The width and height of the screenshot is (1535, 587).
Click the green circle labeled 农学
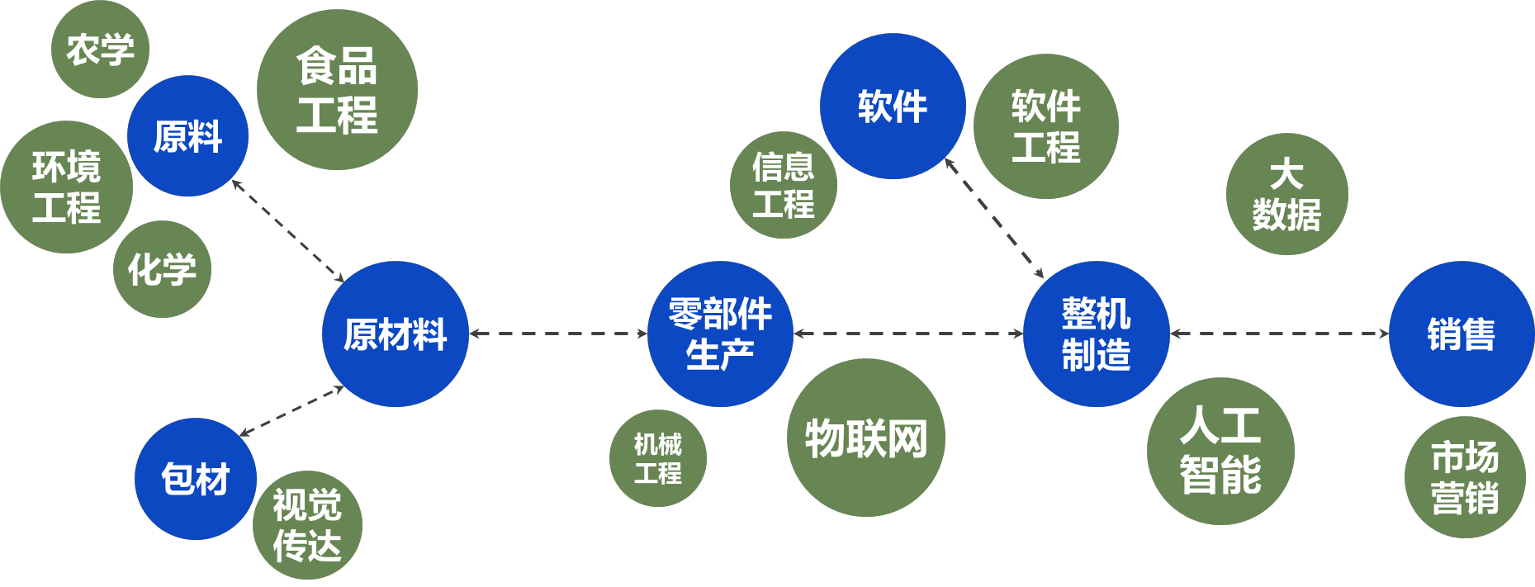point(100,50)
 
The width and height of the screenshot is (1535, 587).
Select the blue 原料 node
point(188,136)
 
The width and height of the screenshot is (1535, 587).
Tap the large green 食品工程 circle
point(337,90)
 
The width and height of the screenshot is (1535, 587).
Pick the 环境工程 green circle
point(67,187)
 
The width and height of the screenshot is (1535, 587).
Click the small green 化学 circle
point(163,269)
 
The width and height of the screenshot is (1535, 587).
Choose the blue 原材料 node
point(396,334)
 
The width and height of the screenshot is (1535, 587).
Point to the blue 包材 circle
point(196,479)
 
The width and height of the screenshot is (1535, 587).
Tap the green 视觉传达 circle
point(307,525)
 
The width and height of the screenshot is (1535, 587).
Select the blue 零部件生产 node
point(720,334)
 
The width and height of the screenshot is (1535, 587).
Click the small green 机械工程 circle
point(658,458)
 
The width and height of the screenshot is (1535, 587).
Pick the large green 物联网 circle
point(866,438)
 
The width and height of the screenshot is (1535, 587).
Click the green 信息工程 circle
point(784,185)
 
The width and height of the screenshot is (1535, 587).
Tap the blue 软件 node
point(893,107)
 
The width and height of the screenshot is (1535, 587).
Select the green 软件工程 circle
point(1046,126)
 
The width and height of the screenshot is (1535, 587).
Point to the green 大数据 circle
point(1287,194)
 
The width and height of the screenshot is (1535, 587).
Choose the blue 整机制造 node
point(1097,334)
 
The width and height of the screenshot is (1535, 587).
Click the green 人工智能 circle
point(1220,451)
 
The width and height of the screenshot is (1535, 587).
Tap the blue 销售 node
point(1462,334)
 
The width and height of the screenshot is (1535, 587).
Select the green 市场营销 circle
point(1465,477)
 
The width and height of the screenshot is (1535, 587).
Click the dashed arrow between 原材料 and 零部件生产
point(558,334)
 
